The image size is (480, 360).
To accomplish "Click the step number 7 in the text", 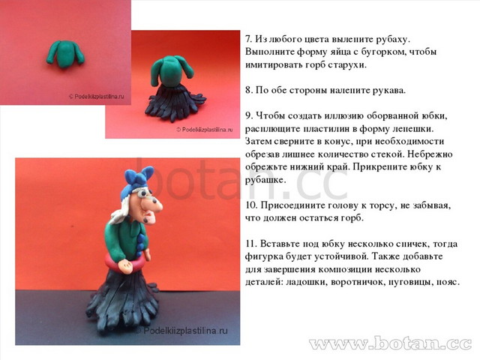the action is pos(248,39).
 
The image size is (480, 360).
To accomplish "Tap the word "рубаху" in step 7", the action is pos(392,40).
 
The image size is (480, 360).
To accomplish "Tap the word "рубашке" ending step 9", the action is pos(265,180).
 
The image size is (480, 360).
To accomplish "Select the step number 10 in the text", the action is pos(252,205).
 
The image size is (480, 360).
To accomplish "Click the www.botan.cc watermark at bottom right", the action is pos(391,343).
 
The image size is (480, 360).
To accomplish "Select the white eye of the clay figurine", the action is pos(142,194).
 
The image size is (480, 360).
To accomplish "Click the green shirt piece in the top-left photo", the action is pos(65,53).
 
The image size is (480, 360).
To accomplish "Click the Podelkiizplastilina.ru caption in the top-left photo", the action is pos(97,97).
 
